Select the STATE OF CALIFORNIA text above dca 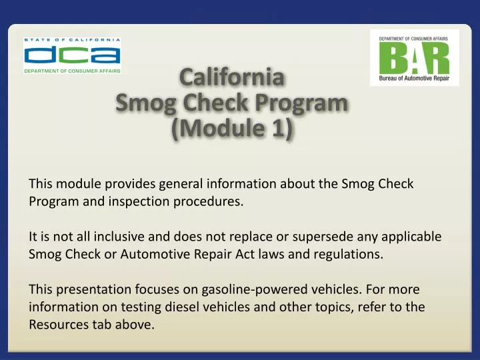point(72,39)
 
